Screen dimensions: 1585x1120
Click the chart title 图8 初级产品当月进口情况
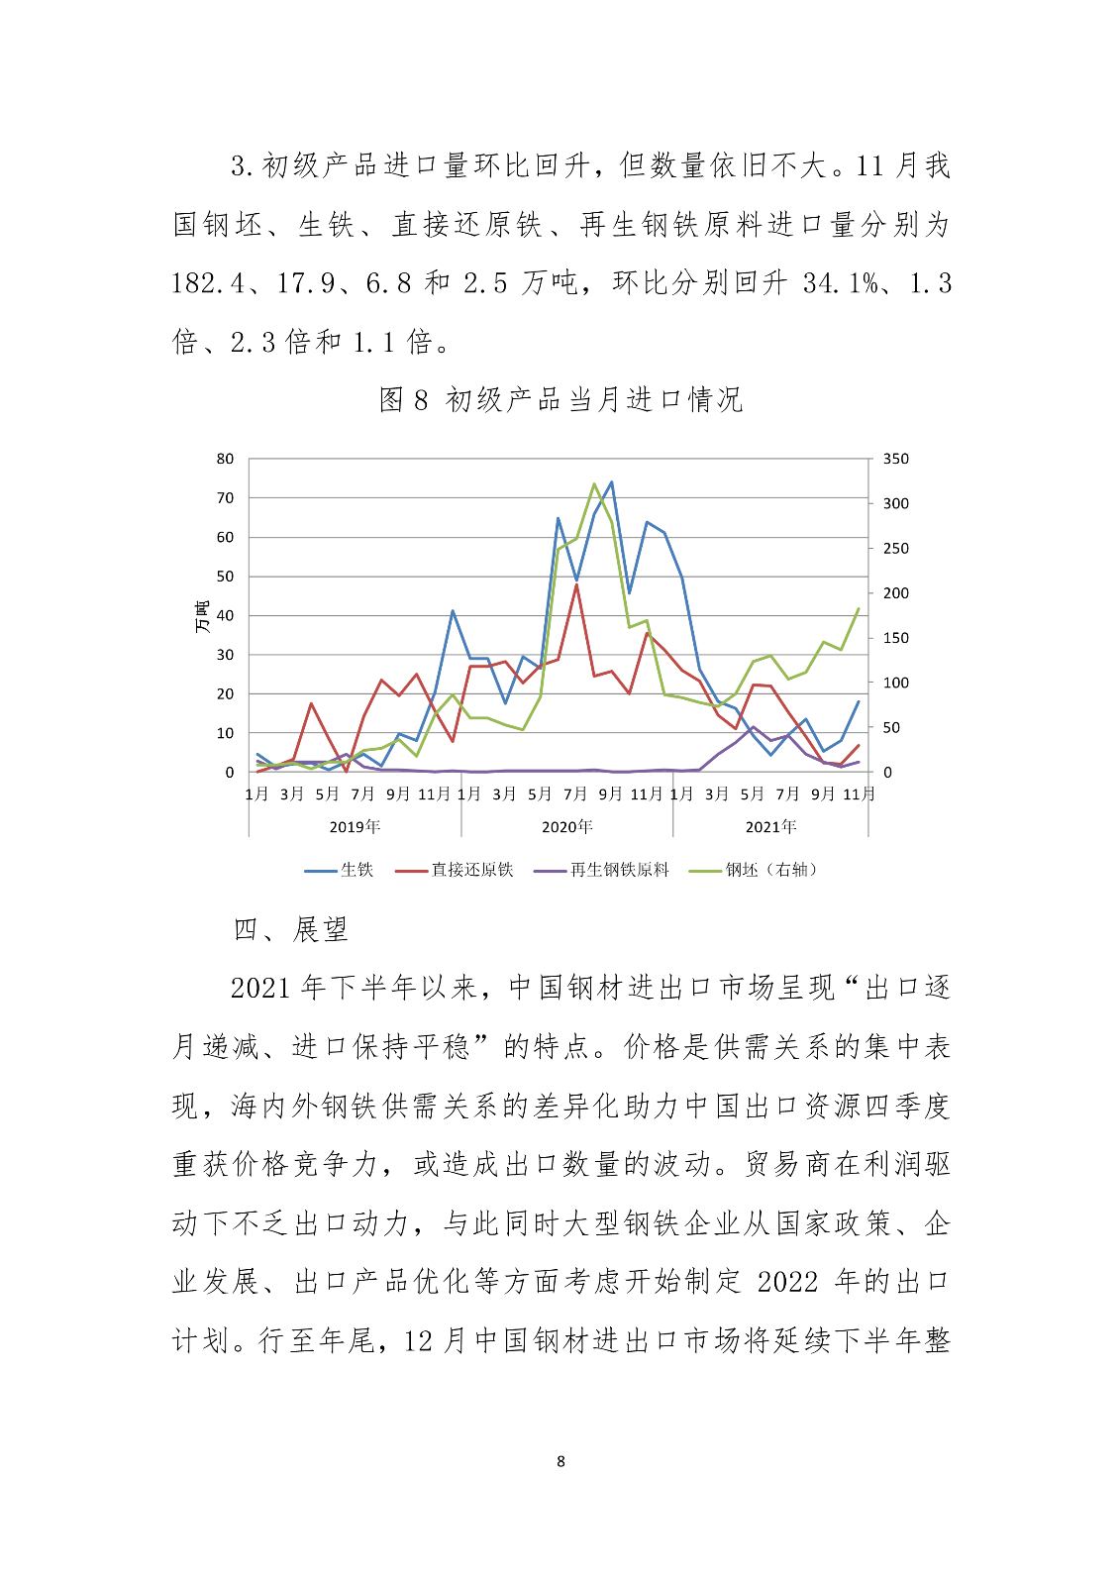point(560,400)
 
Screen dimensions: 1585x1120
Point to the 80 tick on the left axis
point(226,459)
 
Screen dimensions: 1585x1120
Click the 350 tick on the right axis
point(895,459)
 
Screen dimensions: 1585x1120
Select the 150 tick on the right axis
point(895,638)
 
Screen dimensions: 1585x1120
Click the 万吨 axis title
point(202,616)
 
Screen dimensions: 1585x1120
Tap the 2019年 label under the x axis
point(355,826)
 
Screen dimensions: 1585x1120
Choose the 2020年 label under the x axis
point(566,826)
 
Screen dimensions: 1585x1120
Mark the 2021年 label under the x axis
point(770,826)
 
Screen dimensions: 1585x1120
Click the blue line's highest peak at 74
point(611,482)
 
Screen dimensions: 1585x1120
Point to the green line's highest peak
point(594,484)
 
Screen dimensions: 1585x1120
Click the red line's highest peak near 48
point(576,584)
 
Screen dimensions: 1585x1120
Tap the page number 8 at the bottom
point(560,1461)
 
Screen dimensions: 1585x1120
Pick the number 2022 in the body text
point(787,1282)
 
